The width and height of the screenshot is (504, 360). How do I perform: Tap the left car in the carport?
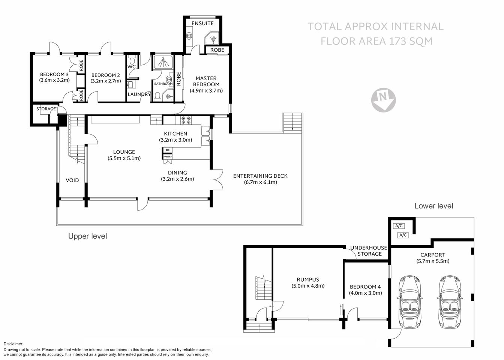411,301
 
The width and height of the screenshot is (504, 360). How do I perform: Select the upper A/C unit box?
399,226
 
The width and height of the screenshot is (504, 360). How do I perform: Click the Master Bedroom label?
206,81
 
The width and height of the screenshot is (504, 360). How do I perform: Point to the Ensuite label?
202,23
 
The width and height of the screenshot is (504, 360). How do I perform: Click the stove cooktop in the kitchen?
186,121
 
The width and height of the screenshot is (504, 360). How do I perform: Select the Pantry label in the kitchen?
168,157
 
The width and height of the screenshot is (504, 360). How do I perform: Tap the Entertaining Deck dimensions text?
260,182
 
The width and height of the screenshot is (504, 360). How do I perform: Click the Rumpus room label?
308,279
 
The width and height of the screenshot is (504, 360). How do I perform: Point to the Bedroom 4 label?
365,287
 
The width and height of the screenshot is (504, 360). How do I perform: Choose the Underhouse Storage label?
369,251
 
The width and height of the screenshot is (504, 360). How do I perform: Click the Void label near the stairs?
72,180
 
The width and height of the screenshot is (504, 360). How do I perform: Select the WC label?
132,67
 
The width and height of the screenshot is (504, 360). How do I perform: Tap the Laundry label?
139,94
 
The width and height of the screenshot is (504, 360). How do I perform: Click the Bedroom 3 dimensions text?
54,80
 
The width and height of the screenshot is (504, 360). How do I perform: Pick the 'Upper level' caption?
87,236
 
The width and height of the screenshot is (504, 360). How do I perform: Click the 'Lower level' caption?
433,206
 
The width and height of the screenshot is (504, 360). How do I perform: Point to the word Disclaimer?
13,344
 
